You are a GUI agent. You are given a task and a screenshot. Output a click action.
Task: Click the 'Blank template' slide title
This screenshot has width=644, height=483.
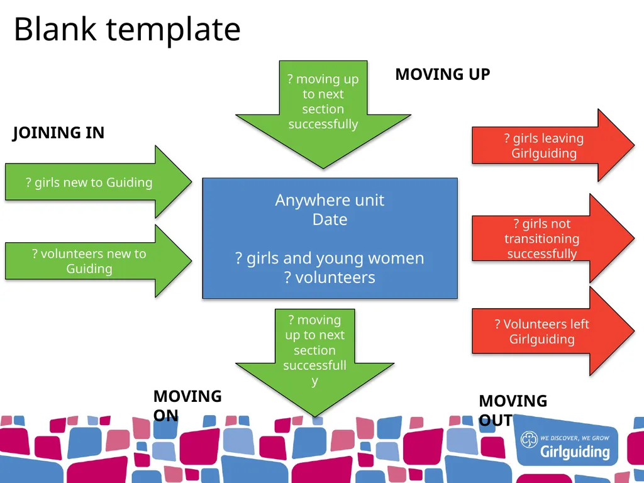tap(127, 30)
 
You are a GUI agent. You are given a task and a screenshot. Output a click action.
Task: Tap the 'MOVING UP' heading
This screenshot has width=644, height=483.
tap(443, 74)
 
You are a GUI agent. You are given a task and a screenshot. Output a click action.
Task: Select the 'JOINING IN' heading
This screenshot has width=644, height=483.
tap(58, 133)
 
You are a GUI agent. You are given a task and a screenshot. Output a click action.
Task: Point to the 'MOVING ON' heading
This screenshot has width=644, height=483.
tap(187, 406)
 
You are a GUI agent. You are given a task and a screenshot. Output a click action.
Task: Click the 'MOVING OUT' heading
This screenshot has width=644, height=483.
tap(513, 410)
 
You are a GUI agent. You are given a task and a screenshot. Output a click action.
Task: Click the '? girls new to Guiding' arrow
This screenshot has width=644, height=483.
tap(98, 182)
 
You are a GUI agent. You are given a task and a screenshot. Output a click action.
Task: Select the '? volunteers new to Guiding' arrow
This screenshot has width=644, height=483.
tap(98, 261)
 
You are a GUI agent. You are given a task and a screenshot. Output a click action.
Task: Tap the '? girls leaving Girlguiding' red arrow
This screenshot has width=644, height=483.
tap(553, 145)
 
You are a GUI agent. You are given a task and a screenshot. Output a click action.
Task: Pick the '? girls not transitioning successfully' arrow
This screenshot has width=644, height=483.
tap(553, 238)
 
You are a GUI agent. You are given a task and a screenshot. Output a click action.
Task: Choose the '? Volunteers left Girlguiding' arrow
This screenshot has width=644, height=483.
tap(553, 331)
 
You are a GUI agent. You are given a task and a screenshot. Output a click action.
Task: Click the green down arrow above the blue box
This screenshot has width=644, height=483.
tap(323, 114)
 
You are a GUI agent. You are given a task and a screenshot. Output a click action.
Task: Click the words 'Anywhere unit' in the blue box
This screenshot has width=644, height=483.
tap(330, 200)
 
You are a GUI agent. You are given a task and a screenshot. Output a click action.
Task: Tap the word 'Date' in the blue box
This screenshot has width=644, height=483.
tap(330, 219)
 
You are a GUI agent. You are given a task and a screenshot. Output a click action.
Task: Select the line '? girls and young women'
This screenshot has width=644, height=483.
tap(330, 258)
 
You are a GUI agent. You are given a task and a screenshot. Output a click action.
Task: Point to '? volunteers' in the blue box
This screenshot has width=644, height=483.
tap(330, 277)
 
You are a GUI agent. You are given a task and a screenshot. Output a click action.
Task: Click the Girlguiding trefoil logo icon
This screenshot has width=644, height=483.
tap(529, 440)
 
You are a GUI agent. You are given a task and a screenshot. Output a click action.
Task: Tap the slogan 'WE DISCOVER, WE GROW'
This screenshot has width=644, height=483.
tap(575, 438)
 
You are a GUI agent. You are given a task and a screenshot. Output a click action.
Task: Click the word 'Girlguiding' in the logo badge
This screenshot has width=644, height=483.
tap(575, 452)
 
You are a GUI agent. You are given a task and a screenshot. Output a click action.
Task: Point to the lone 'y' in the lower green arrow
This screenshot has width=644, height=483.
tap(314, 382)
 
